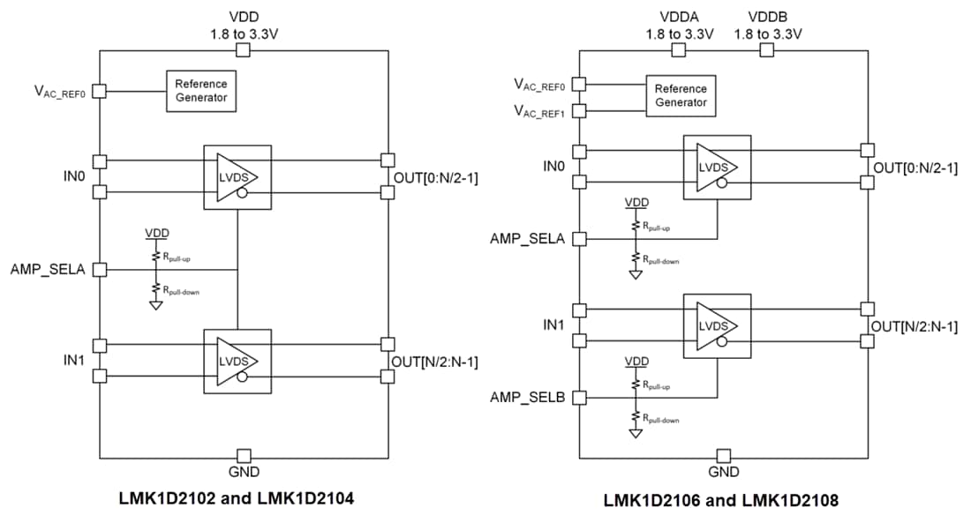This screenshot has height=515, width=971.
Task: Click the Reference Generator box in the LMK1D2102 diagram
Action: tap(200, 90)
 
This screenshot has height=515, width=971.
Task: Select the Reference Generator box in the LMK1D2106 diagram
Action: tap(681, 95)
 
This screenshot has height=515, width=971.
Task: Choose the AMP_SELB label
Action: tap(527, 398)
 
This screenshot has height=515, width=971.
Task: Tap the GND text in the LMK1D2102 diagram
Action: tap(244, 472)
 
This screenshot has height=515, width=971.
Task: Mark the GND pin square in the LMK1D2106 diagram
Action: tap(724, 456)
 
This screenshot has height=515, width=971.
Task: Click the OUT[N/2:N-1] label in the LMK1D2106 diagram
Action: tap(915, 326)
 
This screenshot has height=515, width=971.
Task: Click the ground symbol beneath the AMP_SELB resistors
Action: tap(635, 434)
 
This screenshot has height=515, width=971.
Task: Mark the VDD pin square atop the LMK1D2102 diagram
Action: tap(244, 50)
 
